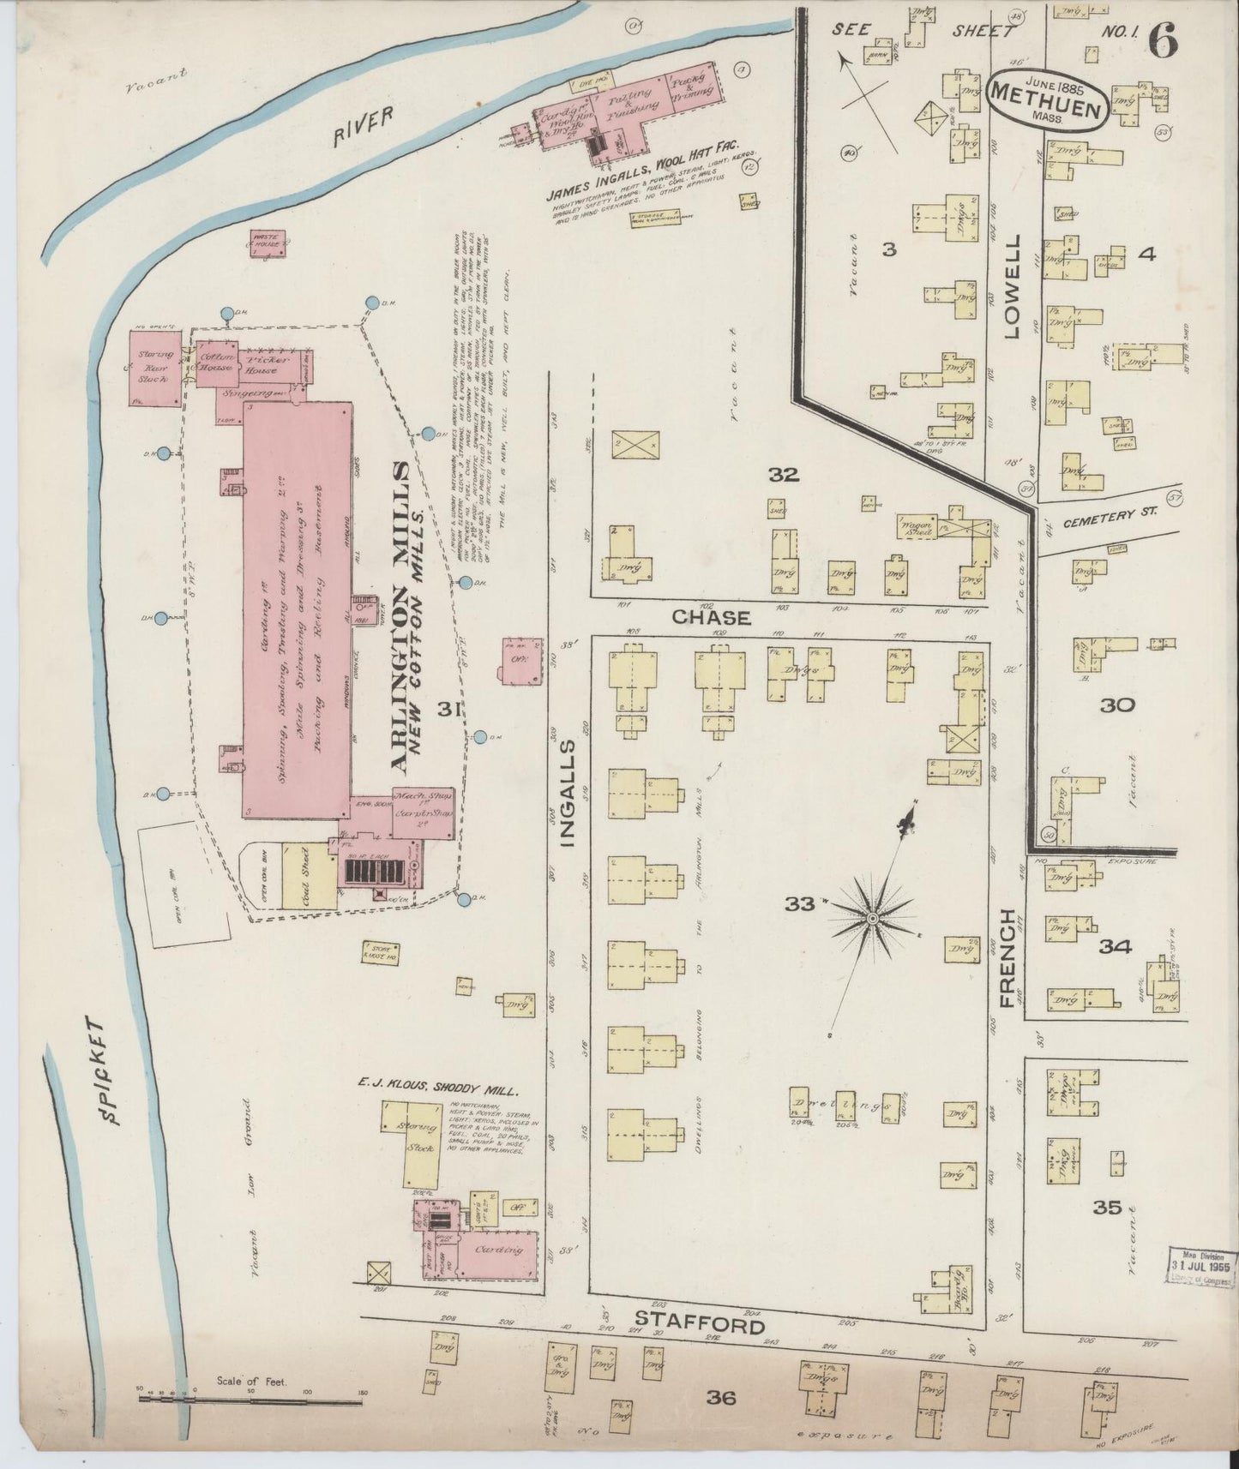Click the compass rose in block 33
click(871, 918)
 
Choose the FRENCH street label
click(1007, 957)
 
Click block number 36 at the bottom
click(721, 1397)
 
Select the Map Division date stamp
click(1201, 1266)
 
